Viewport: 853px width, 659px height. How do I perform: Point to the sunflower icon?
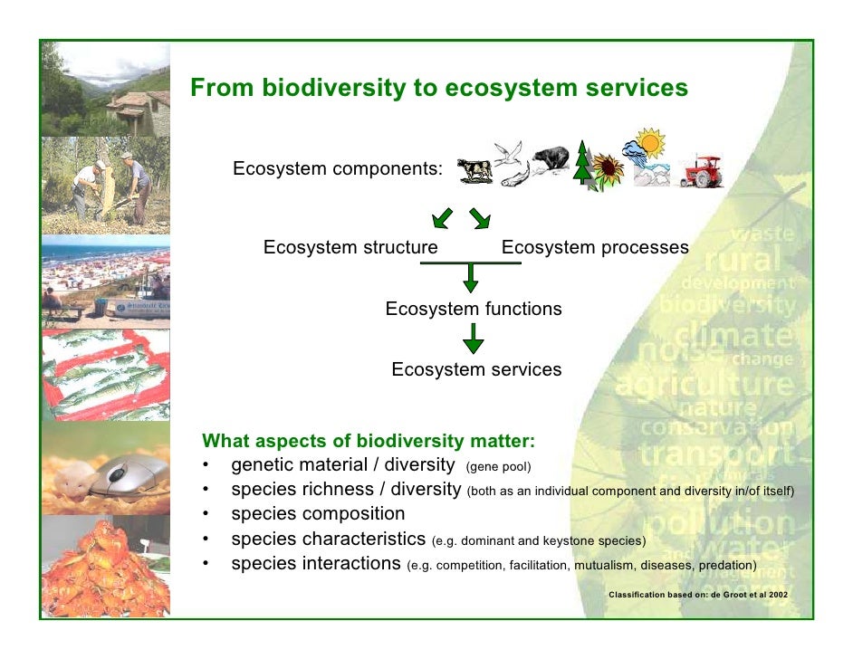click(608, 168)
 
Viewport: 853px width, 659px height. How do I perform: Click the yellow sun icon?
click(649, 142)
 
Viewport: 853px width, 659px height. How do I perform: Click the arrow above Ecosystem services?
click(472, 339)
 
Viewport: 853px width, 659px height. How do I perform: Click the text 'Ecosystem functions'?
click(474, 309)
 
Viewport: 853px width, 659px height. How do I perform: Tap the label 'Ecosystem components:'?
click(338, 169)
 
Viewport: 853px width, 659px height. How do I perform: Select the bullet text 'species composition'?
click(318, 514)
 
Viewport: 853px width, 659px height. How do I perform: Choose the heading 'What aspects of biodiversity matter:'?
click(369, 442)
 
